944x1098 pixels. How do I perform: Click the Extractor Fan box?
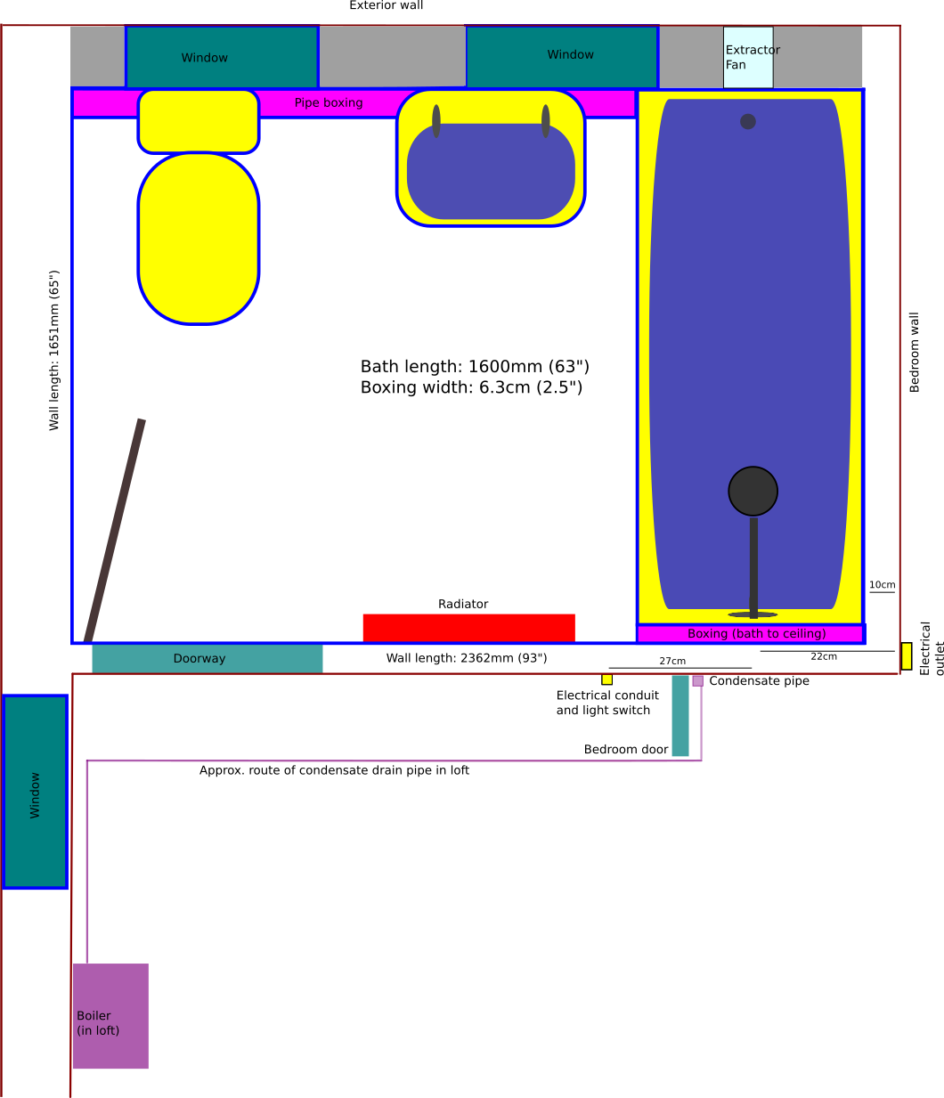click(x=747, y=57)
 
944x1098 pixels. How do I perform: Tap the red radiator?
click(x=468, y=628)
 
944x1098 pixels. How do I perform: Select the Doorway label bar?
click(x=208, y=659)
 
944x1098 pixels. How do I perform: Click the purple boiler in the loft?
click(x=110, y=1016)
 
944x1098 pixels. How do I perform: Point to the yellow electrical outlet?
click(x=907, y=656)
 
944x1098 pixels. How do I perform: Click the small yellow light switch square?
click(x=606, y=679)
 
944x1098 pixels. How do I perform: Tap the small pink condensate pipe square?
click(x=697, y=681)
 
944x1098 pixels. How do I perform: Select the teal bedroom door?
click(x=680, y=716)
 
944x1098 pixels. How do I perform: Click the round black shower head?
click(x=753, y=492)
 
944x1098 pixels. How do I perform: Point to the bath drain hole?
click(x=747, y=122)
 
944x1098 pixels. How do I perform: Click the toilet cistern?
click(x=198, y=122)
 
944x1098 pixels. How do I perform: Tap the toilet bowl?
click(x=198, y=239)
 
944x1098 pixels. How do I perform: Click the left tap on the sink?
click(x=436, y=121)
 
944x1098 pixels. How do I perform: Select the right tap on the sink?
click(x=546, y=121)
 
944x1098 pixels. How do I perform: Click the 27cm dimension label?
click(x=672, y=661)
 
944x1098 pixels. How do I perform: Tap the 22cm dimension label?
click(x=824, y=656)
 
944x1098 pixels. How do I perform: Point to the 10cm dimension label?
click(x=882, y=585)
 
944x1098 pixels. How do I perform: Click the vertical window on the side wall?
click(x=35, y=792)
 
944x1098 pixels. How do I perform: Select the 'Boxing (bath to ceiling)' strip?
click(x=751, y=634)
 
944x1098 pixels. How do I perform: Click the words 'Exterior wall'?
click(x=387, y=5)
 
